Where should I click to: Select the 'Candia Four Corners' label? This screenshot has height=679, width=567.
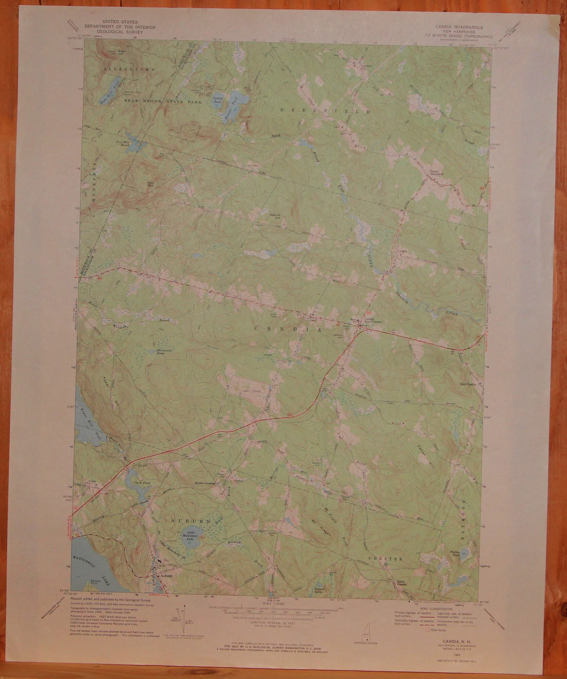[369, 320]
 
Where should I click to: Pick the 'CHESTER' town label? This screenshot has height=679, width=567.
[386, 559]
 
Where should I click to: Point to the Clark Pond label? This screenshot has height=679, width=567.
[142, 483]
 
